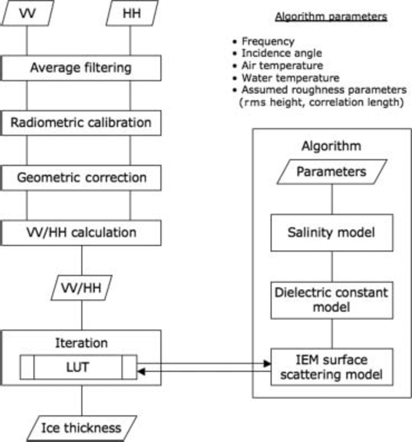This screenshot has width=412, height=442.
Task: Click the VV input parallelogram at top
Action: coord(27,13)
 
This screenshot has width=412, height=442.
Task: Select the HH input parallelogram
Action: coord(132,13)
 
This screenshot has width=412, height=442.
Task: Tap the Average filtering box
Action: coord(81,68)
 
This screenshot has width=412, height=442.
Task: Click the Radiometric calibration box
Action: coord(81,123)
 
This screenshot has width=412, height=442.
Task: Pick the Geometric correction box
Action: coord(81,178)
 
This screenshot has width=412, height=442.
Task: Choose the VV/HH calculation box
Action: coord(81,233)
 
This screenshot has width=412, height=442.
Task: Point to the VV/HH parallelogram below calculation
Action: coord(81,288)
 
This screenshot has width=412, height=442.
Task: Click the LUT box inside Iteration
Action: coord(78,367)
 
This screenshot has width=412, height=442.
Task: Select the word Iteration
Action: coord(82,343)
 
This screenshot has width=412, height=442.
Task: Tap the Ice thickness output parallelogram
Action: coord(81,428)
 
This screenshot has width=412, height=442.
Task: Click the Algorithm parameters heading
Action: coord(331,17)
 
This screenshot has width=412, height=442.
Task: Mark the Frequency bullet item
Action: coord(268,41)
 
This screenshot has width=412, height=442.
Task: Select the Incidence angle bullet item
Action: coord(282,53)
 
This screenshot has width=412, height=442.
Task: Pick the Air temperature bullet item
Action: coord(282,66)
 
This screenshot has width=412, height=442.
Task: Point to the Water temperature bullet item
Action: coord(290,78)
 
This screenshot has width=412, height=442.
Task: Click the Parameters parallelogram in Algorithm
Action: coord(332,172)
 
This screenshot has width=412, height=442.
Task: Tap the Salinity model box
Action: coord(332,233)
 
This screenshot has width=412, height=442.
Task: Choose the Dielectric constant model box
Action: coord(332,300)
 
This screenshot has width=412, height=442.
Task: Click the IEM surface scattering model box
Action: coord(332,367)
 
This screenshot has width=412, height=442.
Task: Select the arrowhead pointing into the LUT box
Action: coord(141,371)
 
